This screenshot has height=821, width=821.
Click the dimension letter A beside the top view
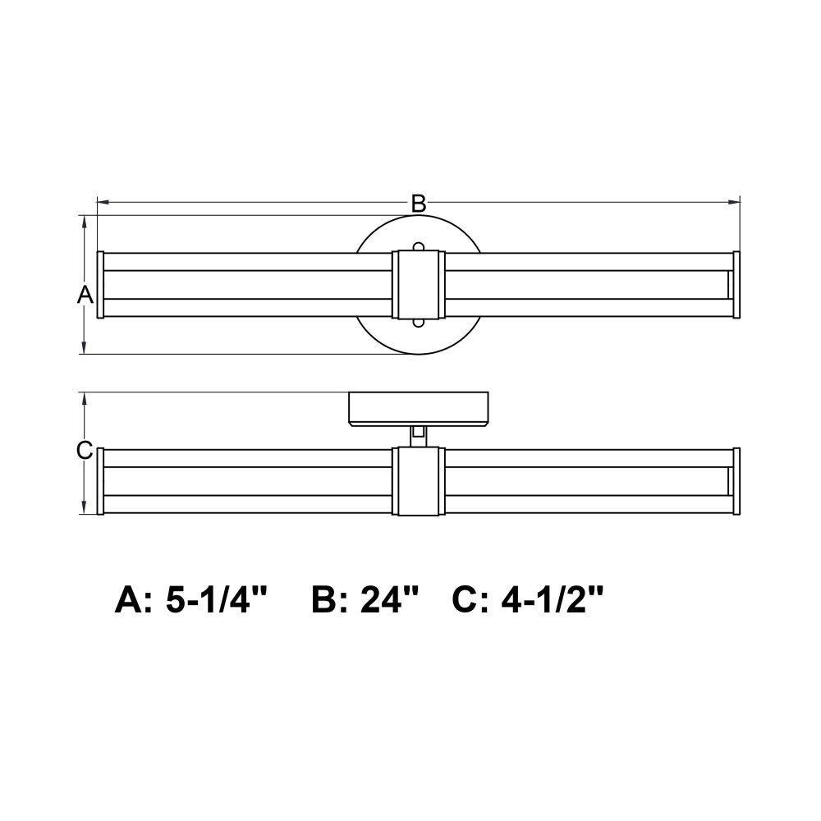[85, 295]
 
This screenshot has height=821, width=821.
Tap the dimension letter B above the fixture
[419, 204]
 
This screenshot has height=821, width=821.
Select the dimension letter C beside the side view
[85, 450]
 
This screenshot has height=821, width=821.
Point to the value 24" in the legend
[389, 599]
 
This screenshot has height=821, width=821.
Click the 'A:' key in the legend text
[134, 600]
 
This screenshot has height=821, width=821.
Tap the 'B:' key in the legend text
[332, 600]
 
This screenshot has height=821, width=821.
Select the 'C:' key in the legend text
[472, 600]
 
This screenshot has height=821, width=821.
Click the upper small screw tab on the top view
[419, 246]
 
